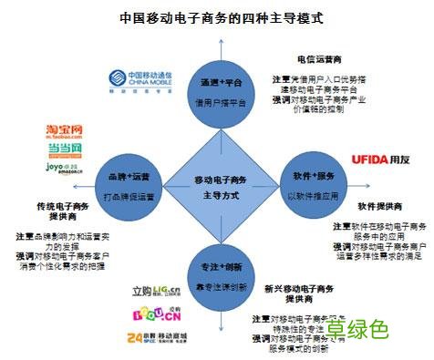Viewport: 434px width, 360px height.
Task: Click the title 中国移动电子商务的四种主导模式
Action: click(x=217, y=17)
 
